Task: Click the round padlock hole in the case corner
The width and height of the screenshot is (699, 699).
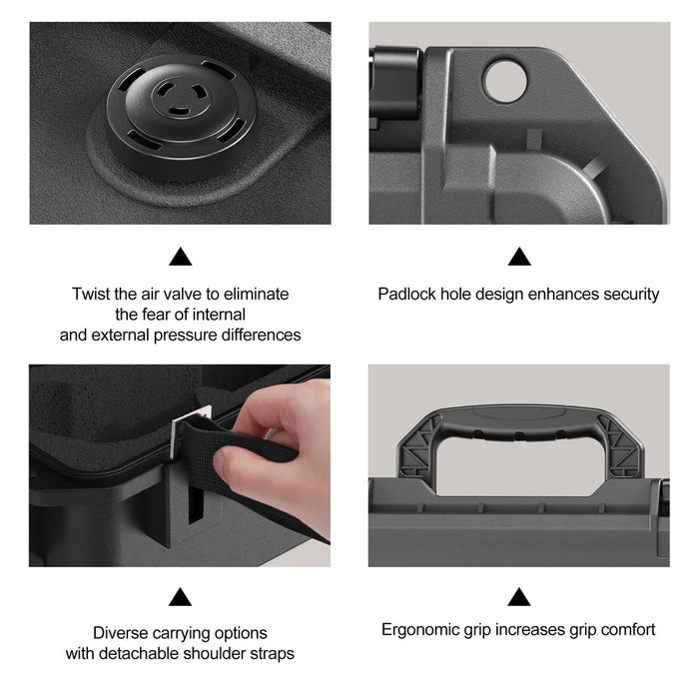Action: coord(505,82)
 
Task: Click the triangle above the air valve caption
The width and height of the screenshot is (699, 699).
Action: coord(181,257)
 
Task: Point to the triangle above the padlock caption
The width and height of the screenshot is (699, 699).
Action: coord(519,257)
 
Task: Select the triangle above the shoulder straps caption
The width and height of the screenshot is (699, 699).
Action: coord(180,597)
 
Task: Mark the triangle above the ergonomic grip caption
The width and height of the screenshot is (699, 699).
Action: coord(519,597)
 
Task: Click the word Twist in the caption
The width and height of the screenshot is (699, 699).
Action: coord(91,295)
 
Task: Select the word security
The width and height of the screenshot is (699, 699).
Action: coord(631,295)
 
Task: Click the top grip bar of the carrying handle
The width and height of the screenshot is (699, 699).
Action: coord(519,422)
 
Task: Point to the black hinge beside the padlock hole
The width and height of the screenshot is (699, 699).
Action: coord(394,83)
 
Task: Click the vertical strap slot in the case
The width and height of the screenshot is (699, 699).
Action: coord(196,503)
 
